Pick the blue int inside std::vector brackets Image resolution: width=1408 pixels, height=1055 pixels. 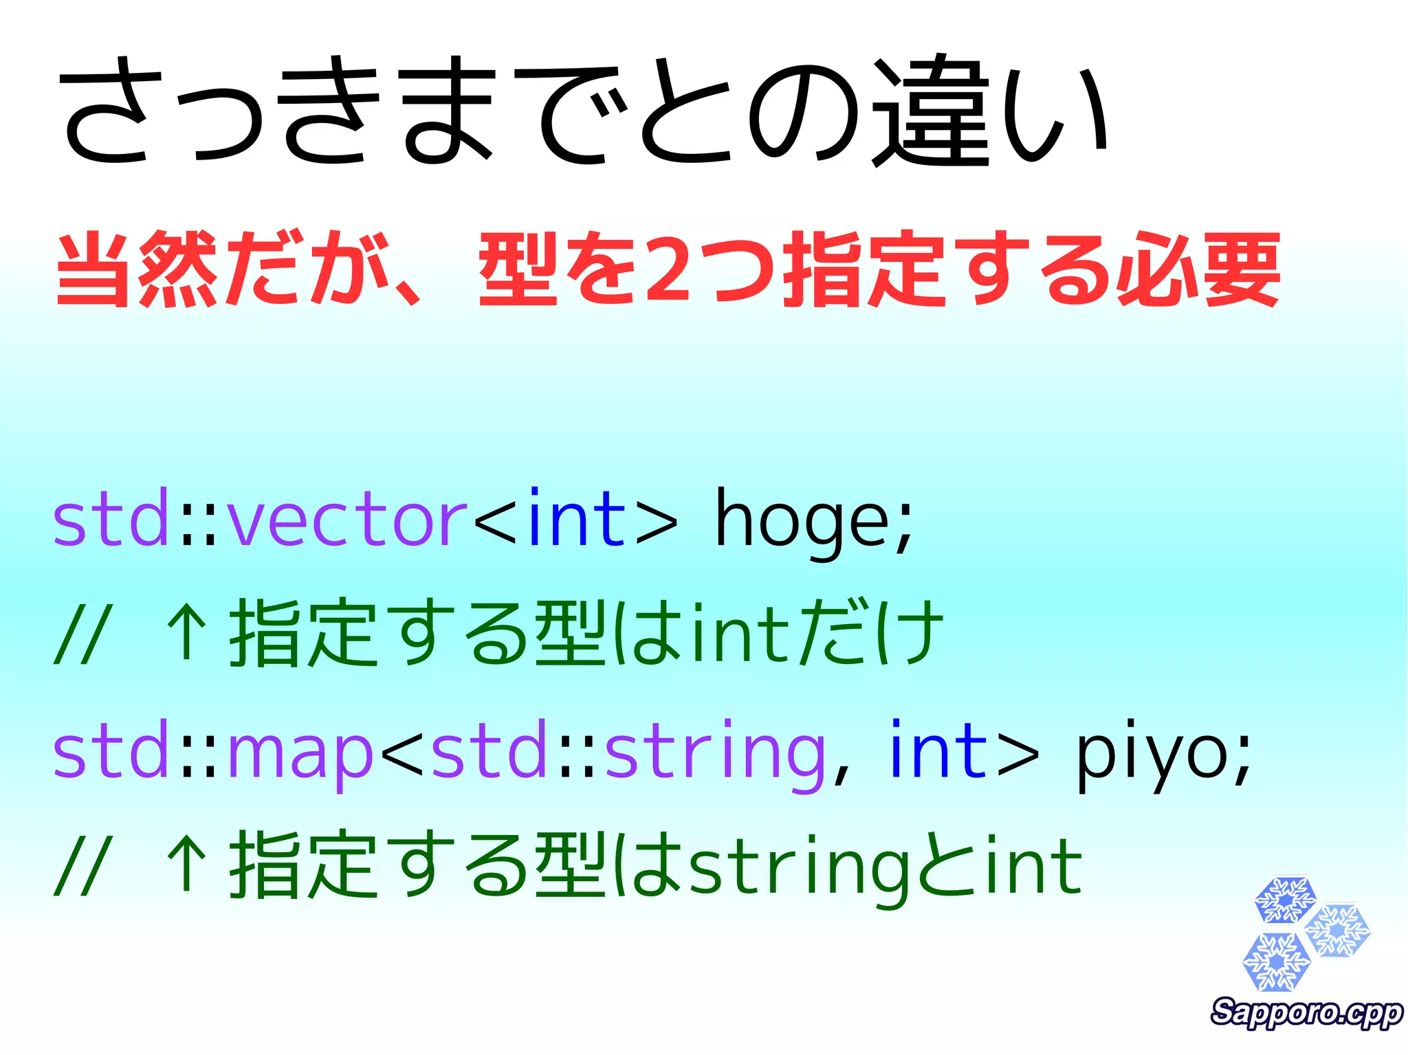[576, 519]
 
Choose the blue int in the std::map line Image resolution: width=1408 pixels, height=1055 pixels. [938, 751]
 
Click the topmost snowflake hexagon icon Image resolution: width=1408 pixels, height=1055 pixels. [1284, 899]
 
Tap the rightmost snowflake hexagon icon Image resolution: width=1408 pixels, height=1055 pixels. [1338, 931]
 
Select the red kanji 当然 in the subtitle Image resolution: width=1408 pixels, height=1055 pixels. [137, 269]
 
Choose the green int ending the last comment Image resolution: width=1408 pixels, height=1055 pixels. [1035, 867]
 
